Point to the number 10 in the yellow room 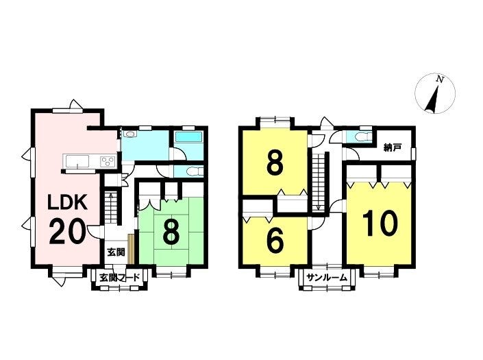pyautogui.click(x=380, y=224)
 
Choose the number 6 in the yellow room pyautogui.click(x=275, y=241)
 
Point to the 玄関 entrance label pyautogui.click(x=115, y=252)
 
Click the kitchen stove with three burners pyautogui.click(x=108, y=162)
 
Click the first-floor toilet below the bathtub pyautogui.click(x=190, y=170)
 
